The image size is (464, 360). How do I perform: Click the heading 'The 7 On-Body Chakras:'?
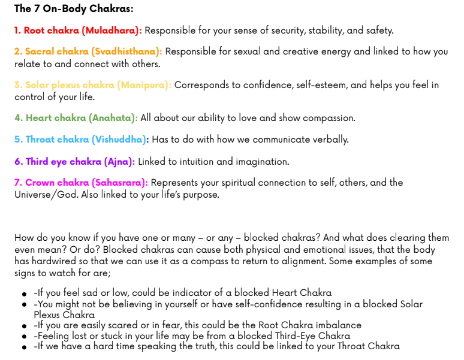(74, 8)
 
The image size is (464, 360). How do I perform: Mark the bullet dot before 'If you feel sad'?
(25, 294)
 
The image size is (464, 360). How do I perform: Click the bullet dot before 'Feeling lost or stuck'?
(25, 337)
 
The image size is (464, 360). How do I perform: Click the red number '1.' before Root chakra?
(18, 30)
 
